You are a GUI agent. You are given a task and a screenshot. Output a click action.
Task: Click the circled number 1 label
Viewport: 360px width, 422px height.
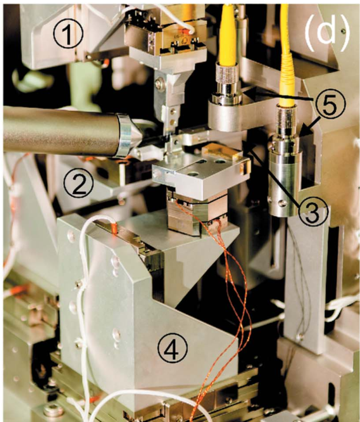(68, 34)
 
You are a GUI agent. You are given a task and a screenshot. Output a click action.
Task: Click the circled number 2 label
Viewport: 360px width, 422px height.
(78, 183)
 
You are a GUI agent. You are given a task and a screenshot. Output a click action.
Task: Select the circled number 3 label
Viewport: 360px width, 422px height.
(313, 213)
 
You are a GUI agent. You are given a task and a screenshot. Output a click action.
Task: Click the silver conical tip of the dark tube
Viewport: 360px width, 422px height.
(128, 136)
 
